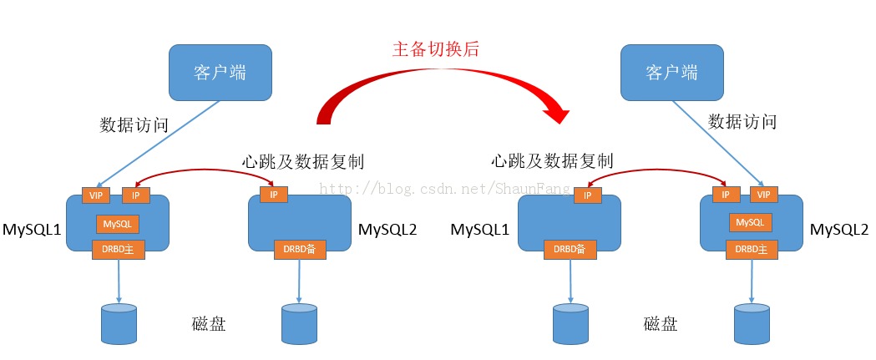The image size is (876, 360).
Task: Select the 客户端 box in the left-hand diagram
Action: (220, 72)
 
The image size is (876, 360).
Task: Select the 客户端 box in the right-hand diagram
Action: (671, 72)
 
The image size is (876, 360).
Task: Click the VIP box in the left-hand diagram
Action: (95, 195)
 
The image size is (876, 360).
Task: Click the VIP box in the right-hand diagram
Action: (763, 195)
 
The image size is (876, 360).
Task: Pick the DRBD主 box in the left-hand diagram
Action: (118, 248)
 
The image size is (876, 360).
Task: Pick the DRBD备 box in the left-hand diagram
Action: (299, 248)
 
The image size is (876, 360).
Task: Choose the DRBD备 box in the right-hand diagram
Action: (570, 248)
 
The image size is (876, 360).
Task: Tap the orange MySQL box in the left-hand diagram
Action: (118, 223)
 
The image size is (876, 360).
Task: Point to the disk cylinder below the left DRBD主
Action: (119, 324)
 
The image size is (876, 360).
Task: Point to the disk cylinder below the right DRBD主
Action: (752, 324)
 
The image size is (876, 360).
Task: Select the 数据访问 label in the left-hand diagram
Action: (134, 125)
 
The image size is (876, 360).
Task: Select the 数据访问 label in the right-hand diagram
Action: (742, 122)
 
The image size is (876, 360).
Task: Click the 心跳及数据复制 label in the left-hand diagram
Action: (302, 161)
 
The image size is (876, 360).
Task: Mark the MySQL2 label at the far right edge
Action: (840, 229)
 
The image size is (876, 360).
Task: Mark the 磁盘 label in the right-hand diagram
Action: (661, 324)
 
